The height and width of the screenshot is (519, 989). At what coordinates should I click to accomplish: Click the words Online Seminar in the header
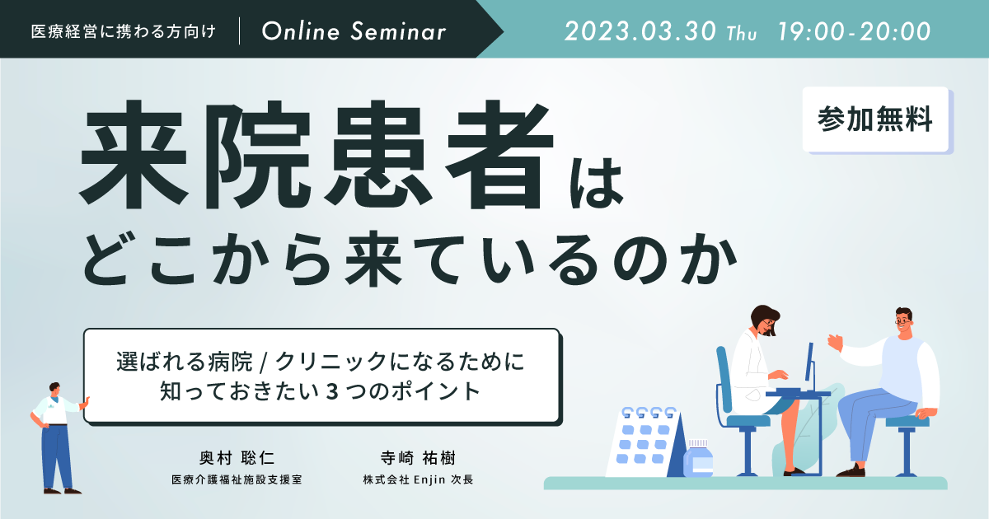pyautogui.click(x=354, y=31)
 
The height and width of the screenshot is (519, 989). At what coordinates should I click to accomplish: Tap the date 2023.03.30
pyautogui.click(x=640, y=31)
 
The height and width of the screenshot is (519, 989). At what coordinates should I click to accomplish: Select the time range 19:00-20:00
pyautogui.click(x=854, y=31)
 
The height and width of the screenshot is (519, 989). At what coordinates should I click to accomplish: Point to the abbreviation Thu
pyautogui.click(x=742, y=34)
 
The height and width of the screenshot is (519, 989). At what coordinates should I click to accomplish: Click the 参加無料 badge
pyautogui.click(x=875, y=119)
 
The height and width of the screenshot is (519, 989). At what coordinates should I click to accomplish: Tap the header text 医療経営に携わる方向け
pyautogui.click(x=123, y=31)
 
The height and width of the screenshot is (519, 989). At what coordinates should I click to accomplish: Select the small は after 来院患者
pyautogui.click(x=596, y=182)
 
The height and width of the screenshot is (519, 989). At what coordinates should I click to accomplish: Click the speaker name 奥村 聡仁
pyautogui.click(x=237, y=458)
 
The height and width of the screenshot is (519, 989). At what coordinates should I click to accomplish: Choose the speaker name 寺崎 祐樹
pyautogui.click(x=418, y=458)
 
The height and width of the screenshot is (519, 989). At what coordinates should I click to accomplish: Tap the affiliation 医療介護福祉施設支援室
pyautogui.click(x=237, y=479)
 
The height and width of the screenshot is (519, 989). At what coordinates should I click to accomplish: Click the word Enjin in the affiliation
pyautogui.click(x=429, y=479)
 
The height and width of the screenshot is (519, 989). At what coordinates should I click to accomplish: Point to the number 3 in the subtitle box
pyautogui.click(x=332, y=391)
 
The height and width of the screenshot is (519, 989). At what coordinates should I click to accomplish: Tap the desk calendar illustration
pyautogui.click(x=646, y=442)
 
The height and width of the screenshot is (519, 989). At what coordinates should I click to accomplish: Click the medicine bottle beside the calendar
pyautogui.click(x=698, y=459)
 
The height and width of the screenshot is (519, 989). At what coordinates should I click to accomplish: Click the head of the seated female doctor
pyautogui.click(x=764, y=319)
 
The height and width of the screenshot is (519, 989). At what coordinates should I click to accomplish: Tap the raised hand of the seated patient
pyautogui.click(x=835, y=343)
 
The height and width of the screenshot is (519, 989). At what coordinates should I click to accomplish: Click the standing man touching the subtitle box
pyautogui.click(x=58, y=437)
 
